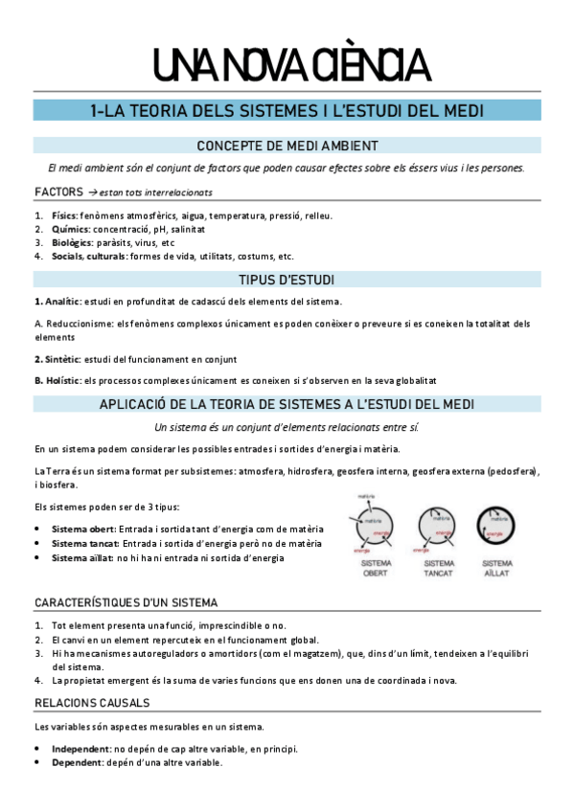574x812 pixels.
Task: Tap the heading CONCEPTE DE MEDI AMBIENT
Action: click(287, 146)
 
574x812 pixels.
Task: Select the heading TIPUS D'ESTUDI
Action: click(287, 280)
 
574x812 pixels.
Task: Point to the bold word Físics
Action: click(64, 216)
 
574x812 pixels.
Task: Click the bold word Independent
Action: click(81, 749)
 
